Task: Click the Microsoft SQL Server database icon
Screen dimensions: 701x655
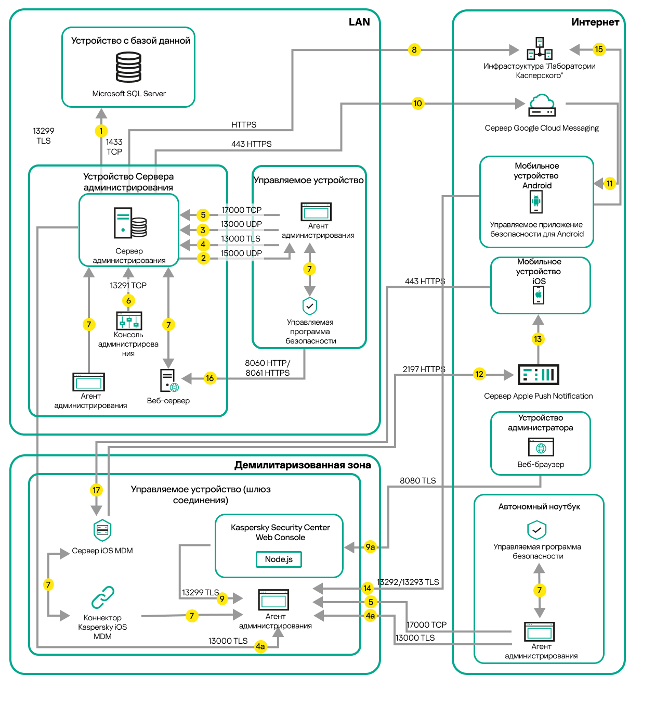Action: pos(128,68)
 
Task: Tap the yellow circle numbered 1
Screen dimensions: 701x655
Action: pos(101,131)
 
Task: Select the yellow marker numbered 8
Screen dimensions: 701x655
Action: pos(414,50)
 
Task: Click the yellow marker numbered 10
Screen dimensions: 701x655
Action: pos(417,103)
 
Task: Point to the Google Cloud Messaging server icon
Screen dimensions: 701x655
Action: pos(542,105)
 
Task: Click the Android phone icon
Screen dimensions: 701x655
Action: pos(536,201)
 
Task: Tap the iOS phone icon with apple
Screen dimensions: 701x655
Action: pos(539,295)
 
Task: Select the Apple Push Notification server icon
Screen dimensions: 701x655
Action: pos(538,374)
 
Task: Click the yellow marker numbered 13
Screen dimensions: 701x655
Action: pos(538,339)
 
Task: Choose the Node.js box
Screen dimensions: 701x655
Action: pos(279,559)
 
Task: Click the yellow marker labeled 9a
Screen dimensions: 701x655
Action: pos(370,547)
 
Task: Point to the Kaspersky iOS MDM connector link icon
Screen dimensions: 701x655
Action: pos(102,597)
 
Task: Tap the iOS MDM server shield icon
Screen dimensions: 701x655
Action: pos(102,530)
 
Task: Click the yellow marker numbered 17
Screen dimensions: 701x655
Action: pos(96,490)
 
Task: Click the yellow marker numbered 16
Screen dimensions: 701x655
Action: pos(209,378)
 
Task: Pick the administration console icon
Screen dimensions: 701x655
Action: pos(129,321)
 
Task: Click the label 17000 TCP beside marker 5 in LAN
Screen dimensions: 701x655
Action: pos(241,210)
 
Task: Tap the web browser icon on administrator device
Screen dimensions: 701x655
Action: pos(541,448)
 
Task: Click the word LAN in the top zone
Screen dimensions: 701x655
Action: pos(359,22)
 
